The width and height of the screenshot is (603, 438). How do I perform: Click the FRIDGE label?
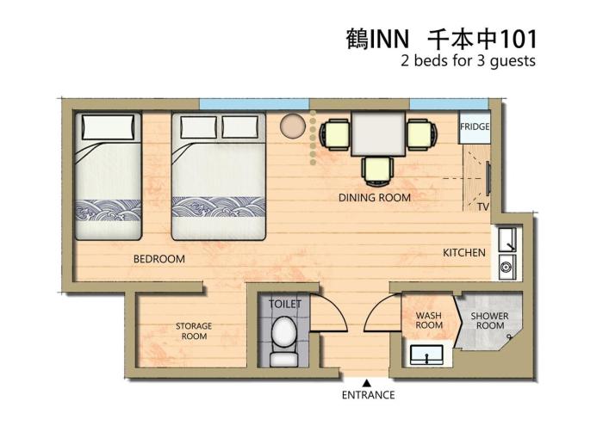[x=475, y=126]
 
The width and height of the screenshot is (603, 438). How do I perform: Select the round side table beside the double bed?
[x=293, y=126]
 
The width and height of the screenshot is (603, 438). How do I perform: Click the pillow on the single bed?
[x=109, y=126]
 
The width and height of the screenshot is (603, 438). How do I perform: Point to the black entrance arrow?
[x=367, y=383]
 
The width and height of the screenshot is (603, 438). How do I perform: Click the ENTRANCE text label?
[x=369, y=395]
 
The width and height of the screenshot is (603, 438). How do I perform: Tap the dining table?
[x=378, y=133]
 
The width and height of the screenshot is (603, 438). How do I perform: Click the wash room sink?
[x=426, y=355]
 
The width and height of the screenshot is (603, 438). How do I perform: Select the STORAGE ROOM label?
[x=194, y=331]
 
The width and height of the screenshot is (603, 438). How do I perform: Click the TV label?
[x=483, y=207]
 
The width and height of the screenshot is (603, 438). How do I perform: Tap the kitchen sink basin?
[x=507, y=240]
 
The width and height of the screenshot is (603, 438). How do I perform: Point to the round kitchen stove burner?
[x=506, y=266]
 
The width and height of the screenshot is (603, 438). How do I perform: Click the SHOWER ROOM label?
[x=489, y=321]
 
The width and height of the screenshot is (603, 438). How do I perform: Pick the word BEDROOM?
[x=159, y=259]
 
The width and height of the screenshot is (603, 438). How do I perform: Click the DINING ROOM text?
[x=375, y=198]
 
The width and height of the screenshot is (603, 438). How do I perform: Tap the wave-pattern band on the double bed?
[x=219, y=207]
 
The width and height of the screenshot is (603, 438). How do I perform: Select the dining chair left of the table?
[x=335, y=134]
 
